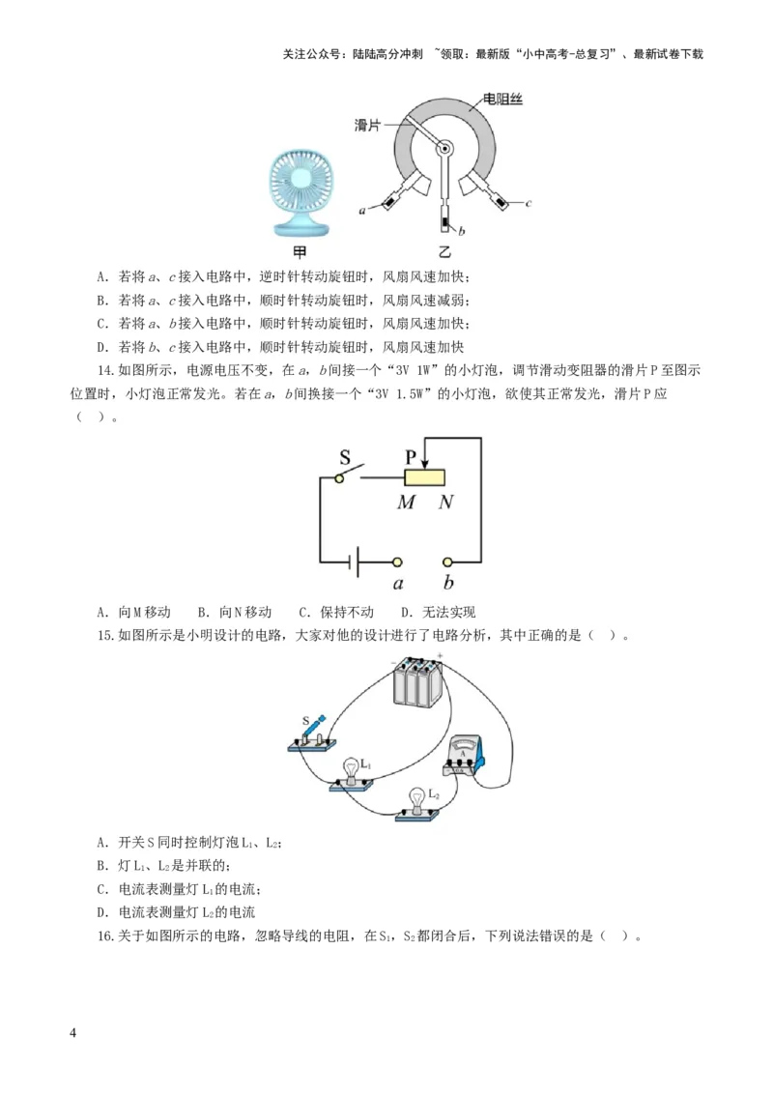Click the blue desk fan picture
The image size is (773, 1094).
[300, 194]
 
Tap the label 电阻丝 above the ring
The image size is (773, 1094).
[502, 99]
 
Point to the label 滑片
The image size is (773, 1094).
[368, 126]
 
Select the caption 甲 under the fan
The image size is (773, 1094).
[300, 252]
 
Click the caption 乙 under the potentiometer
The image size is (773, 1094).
[445, 252]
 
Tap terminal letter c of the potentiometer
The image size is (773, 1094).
[530, 203]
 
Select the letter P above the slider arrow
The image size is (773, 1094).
[412, 455]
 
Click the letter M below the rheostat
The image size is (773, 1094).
[407, 503]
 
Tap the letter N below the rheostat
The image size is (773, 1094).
[445, 503]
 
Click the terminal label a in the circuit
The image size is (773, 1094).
[398, 583]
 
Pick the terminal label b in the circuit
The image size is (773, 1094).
[448, 583]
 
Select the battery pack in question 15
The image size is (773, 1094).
[417, 685]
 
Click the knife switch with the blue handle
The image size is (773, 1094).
[312, 734]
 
